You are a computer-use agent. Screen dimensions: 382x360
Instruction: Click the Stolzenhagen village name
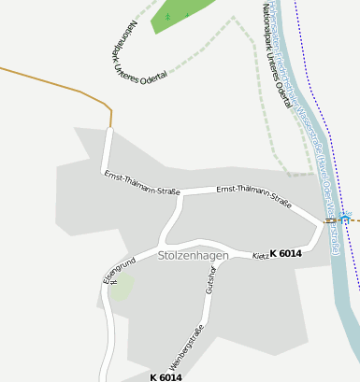tap(194, 255)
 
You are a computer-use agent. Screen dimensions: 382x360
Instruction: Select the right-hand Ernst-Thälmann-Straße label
tap(253, 195)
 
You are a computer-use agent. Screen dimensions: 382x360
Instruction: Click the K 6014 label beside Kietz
tap(285, 253)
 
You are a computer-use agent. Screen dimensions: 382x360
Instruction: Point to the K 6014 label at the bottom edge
tap(166, 376)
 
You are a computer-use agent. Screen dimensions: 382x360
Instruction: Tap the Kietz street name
tap(261, 255)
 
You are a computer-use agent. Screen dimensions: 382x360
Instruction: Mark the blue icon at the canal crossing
tap(345, 219)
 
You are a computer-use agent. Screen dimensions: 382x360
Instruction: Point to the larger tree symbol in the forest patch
tap(168, 16)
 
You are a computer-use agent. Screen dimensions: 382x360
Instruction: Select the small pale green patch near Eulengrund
tap(122, 287)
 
